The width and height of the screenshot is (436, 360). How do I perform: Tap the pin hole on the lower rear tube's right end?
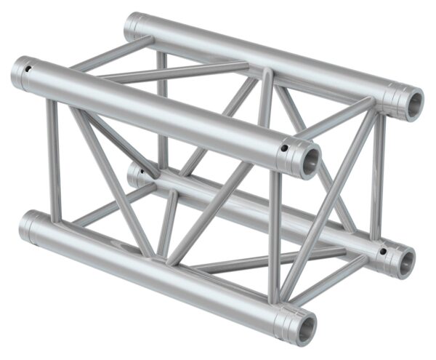[x=382, y=252]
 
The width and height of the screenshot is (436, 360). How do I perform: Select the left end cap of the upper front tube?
[x=17, y=74]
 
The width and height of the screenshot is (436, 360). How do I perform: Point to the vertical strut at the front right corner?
[x=274, y=233]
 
